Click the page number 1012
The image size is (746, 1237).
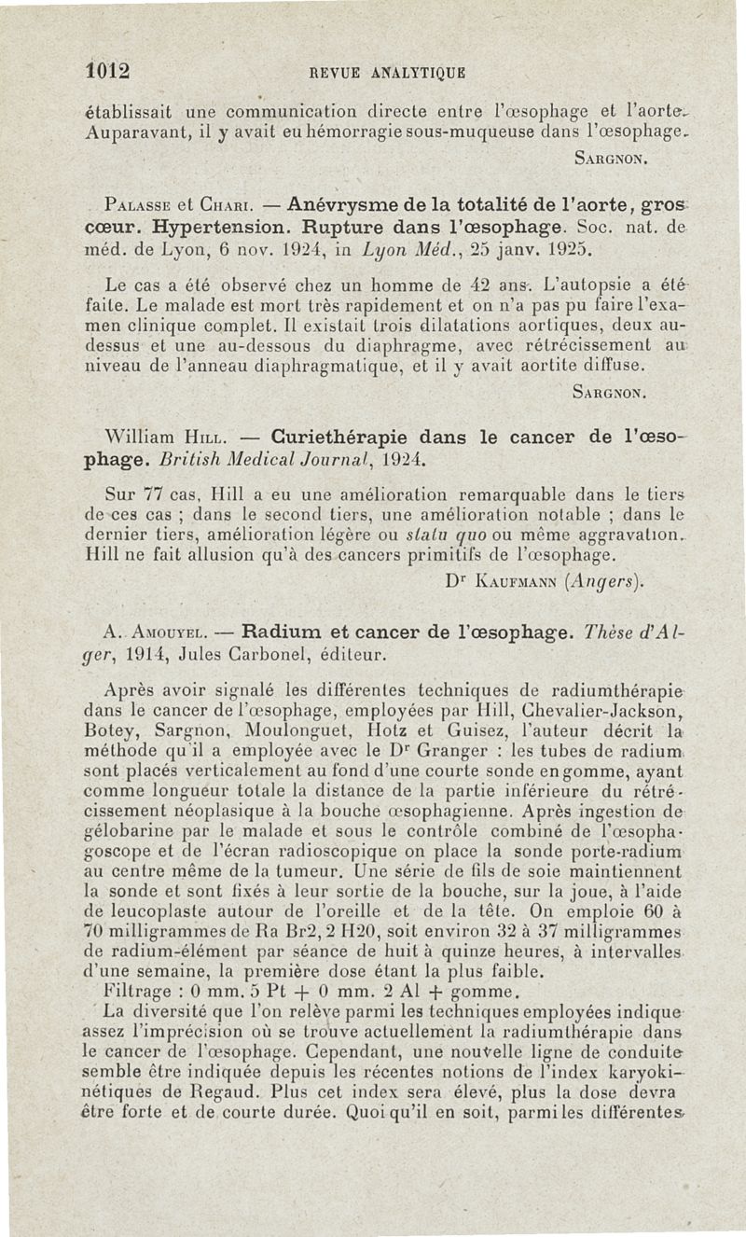[x=105, y=71]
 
